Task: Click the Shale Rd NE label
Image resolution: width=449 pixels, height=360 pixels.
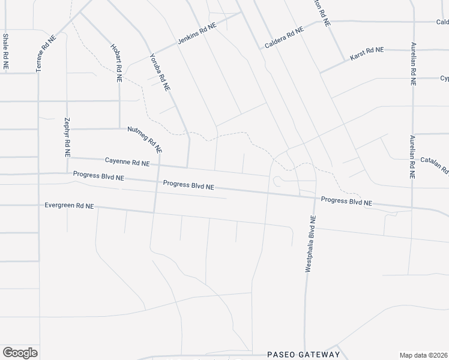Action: point(5,53)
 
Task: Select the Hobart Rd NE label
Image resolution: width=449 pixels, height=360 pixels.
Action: point(116,62)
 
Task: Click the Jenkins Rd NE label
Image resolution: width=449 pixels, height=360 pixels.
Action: point(196,35)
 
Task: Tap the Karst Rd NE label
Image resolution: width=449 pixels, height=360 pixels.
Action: point(363,54)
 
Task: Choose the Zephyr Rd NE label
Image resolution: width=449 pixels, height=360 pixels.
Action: point(67,137)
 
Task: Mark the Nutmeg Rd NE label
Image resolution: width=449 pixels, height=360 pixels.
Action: point(145,139)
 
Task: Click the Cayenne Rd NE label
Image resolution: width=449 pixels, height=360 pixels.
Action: point(127,161)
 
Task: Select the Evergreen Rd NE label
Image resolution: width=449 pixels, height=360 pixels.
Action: point(69,206)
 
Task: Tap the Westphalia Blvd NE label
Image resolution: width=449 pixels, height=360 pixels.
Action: point(310,244)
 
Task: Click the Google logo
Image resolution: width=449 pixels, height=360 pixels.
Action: point(20,352)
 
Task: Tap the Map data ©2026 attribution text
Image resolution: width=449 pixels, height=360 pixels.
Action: point(424,355)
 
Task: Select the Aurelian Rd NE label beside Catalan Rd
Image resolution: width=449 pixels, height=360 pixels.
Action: point(412,157)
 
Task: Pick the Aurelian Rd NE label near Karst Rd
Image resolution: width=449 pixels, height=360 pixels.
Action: point(413,66)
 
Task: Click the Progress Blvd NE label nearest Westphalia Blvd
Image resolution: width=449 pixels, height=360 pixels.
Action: point(346,202)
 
